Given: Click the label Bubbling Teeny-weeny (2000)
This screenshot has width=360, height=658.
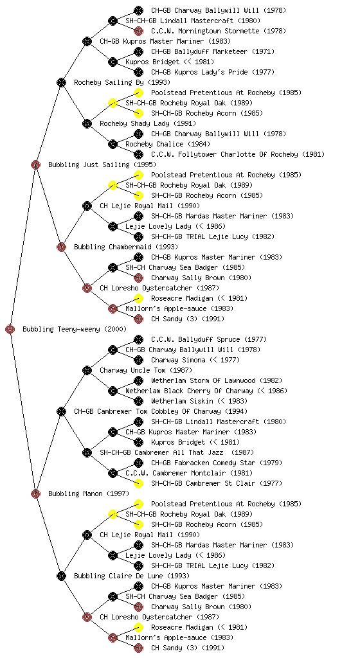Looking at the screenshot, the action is click(75, 330).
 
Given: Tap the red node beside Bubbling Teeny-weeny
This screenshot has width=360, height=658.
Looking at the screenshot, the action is click(10, 330).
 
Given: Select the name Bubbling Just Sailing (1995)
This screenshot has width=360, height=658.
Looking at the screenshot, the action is click(102, 165).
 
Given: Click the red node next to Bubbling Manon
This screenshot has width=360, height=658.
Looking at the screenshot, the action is click(35, 494).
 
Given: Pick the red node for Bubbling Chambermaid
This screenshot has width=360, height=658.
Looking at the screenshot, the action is click(61, 247).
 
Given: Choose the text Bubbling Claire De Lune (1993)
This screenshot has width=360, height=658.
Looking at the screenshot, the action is click(132, 576).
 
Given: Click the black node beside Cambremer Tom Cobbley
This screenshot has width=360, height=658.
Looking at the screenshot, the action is click(61, 412).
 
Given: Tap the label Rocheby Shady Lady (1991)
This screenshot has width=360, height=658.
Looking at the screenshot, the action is click(148, 124).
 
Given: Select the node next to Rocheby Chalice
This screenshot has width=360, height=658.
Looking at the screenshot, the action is click(113, 145).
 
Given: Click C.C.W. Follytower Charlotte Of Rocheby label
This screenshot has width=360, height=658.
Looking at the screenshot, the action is click(238, 155).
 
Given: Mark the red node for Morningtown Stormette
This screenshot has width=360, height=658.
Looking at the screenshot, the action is click(138, 31).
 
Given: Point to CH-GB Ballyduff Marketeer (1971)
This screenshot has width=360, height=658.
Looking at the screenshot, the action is click(213, 51).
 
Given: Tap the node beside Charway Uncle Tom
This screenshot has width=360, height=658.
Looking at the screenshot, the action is click(87, 371).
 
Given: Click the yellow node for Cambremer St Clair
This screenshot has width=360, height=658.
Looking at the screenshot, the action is click(138, 483).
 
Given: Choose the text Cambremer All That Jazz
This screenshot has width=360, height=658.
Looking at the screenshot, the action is click(177, 453).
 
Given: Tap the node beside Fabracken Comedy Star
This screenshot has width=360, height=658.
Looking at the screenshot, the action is click(138, 463).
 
